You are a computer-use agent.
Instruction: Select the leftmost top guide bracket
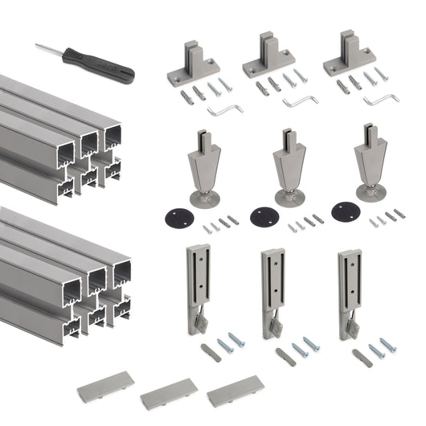pyautogui.click(x=193, y=63)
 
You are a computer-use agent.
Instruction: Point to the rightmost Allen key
pyautogui.click(x=380, y=100)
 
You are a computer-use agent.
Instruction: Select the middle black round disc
pyautogui.click(x=263, y=217)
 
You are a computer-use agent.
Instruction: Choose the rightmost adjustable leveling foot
pyautogui.click(x=371, y=161)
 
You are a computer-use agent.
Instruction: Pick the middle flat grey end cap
pyautogui.click(x=169, y=393)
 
